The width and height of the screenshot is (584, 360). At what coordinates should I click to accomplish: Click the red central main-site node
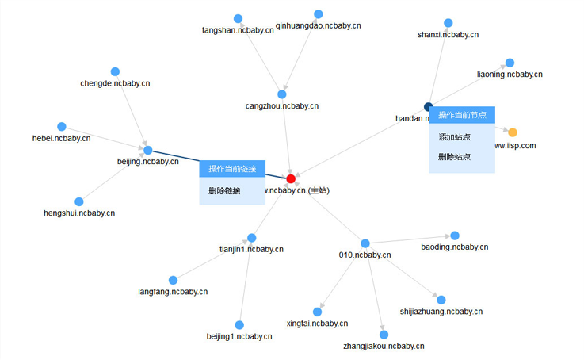[291, 178]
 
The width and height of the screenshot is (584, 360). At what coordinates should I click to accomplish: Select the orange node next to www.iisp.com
[512, 132]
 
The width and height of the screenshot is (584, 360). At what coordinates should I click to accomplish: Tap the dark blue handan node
[429, 106]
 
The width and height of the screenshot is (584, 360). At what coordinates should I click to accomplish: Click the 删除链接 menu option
[224, 191]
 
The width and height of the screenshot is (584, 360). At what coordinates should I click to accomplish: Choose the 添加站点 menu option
[454, 137]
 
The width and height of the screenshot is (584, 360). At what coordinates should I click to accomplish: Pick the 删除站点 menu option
[454, 157]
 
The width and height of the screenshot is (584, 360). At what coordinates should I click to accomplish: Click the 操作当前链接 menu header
[232, 169]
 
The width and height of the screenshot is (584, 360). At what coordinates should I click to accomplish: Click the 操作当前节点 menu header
[462, 115]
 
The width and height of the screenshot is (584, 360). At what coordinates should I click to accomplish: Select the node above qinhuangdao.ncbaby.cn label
[319, 14]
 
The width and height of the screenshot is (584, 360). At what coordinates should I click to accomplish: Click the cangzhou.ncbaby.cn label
[281, 105]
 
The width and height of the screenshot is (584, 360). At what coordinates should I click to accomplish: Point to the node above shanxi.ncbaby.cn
[448, 23]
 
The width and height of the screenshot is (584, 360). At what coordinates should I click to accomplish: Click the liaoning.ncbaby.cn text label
[510, 75]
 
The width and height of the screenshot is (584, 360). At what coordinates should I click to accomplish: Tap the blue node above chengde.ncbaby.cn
[115, 71]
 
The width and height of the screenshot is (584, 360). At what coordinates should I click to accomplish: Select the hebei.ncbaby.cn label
[61, 138]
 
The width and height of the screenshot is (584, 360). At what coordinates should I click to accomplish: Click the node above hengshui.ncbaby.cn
[78, 201]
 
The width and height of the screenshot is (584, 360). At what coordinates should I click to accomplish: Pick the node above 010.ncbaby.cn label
[365, 243]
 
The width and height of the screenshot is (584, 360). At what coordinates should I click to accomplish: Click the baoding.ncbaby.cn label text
[454, 247]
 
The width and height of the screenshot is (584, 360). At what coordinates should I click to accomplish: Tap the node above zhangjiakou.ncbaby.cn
[384, 334]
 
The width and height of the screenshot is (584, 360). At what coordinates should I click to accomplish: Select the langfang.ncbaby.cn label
[173, 292]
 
